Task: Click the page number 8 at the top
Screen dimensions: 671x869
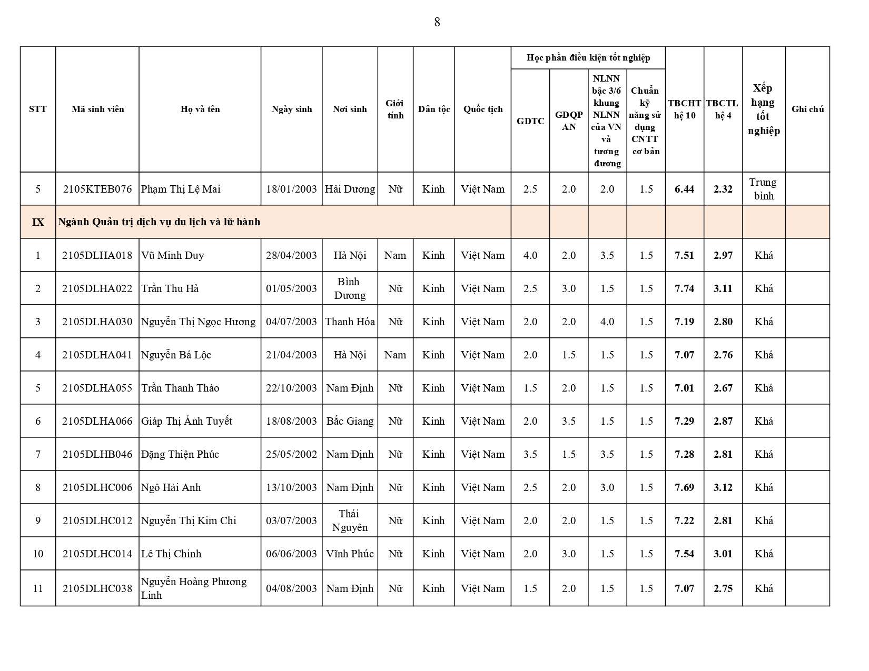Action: pyautogui.click(x=437, y=22)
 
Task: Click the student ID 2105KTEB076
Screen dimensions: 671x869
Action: pyautogui.click(x=97, y=189)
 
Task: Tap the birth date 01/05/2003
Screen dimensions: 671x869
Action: pyautogui.click(x=291, y=288)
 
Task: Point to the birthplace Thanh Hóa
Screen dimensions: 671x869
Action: pyautogui.click(x=350, y=322)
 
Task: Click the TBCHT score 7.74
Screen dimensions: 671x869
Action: pyautogui.click(x=684, y=288)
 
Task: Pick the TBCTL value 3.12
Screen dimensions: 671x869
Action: pyautogui.click(x=723, y=487)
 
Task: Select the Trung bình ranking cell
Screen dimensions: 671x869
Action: pyautogui.click(x=763, y=189)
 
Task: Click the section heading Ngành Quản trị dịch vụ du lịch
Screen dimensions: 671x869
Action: pyautogui.click(x=159, y=222)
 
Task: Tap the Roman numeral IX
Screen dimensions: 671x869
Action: pyautogui.click(x=38, y=222)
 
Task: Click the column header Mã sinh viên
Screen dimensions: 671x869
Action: pyautogui.click(x=97, y=109)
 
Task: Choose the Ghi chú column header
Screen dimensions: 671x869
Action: pyautogui.click(x=807, y=109)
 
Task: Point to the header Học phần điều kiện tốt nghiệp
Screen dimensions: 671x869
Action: pyautogui.click(x=588, y=57)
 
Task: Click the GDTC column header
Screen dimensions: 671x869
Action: pyautogui.click(x=530, y=121)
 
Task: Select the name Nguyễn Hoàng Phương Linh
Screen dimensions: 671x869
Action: pyautogui.click(x=193, y=588)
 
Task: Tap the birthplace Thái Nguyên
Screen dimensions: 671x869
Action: pyautogui.click(x=350, y=520)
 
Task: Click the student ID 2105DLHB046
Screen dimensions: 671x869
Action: pyautogui.click(x=97, y=454)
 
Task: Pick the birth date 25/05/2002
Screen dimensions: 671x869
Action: pyautogui.click(x=291, y=454)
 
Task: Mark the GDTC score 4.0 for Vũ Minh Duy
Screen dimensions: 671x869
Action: pyautogui.click(x=530, y=255)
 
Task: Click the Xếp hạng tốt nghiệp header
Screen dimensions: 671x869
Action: pyautogui.click(x=763, y=109)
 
